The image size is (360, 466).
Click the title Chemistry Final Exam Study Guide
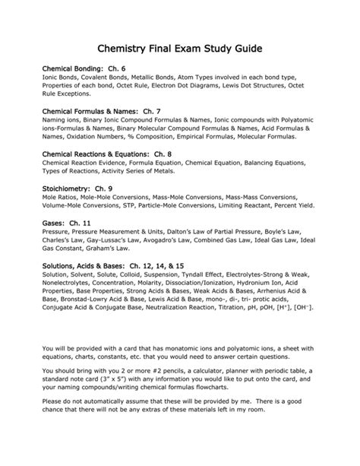[x=179, y=48]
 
